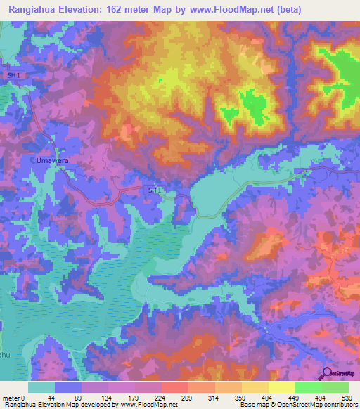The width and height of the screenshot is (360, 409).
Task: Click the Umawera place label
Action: [x=51, y=160]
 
